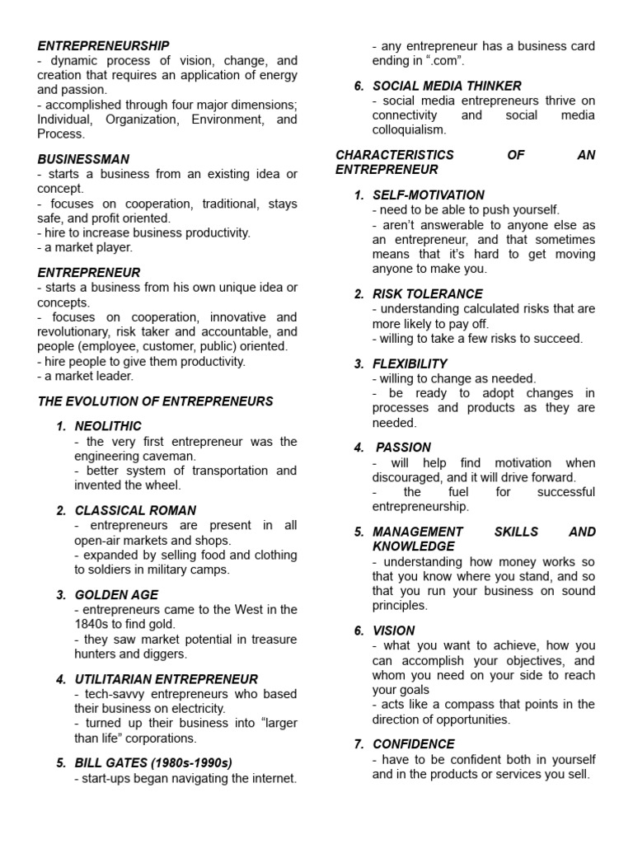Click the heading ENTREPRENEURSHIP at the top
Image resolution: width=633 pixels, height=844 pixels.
coord(103,46)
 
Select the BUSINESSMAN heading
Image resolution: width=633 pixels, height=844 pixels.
coord(83,159)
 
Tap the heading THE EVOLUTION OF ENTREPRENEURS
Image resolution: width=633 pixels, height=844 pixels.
coord(155,401)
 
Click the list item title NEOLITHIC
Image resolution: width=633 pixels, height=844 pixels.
coord(108,426)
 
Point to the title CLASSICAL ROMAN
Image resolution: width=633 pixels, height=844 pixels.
coord(135,510)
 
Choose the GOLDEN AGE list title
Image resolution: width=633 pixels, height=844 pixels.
coord(116,594)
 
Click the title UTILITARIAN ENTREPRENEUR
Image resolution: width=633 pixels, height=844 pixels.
coord(166,679)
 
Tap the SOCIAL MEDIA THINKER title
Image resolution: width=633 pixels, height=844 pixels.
coord(447,86)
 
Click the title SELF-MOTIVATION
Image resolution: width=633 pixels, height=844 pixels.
coord(429,195)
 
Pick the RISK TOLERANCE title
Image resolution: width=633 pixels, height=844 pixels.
coord(428,293)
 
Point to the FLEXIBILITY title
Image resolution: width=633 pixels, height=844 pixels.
coord(410,363)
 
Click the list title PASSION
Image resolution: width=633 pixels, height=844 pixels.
coord(403,448)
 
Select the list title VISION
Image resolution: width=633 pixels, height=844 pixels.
coord(393,631)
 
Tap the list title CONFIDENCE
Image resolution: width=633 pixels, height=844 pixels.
coord(414,743)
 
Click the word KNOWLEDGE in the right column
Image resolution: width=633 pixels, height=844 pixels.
coord(414,546)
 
